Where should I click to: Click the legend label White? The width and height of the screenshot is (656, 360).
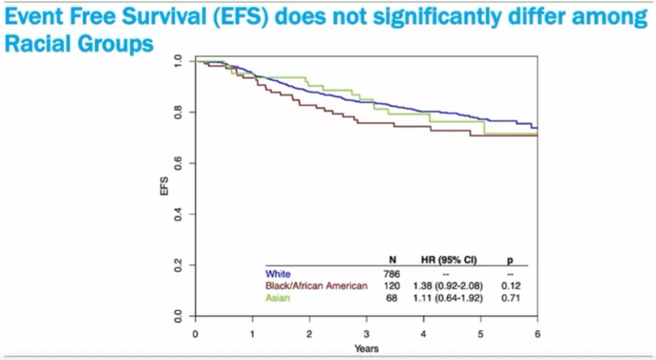pyautogui.click(x=278, y=274)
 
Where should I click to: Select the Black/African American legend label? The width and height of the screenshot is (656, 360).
pyautogui.click(x=316, y=286)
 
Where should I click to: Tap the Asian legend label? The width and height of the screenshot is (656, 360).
pyautogui.click(x=277, y=298)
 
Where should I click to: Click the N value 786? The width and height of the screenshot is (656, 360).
pyautogui.click(x=392, y=274)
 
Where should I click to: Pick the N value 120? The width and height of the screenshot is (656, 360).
pyautogui.click(x=392, y=286)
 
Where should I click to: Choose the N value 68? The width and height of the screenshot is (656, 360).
pyautogui.click(x=392, y=298)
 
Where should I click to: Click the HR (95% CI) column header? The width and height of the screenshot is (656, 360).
pyautogui.click(x=449, y=260)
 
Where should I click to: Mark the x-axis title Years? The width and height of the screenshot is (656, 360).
pyautogui.click(x=366, y=348)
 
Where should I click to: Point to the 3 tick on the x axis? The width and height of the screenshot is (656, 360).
pyautogui.click(x=366, y=334)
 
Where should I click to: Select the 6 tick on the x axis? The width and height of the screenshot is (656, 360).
pyautogui.click(x=538, y=334)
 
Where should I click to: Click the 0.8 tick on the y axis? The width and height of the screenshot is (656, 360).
pyautogui.click(x=177, y=112)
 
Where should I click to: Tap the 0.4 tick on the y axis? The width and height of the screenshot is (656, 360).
pyautogui.click(x=177, y=214)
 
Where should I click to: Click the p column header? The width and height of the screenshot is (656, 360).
pyautogui.click(x=509, y=260)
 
